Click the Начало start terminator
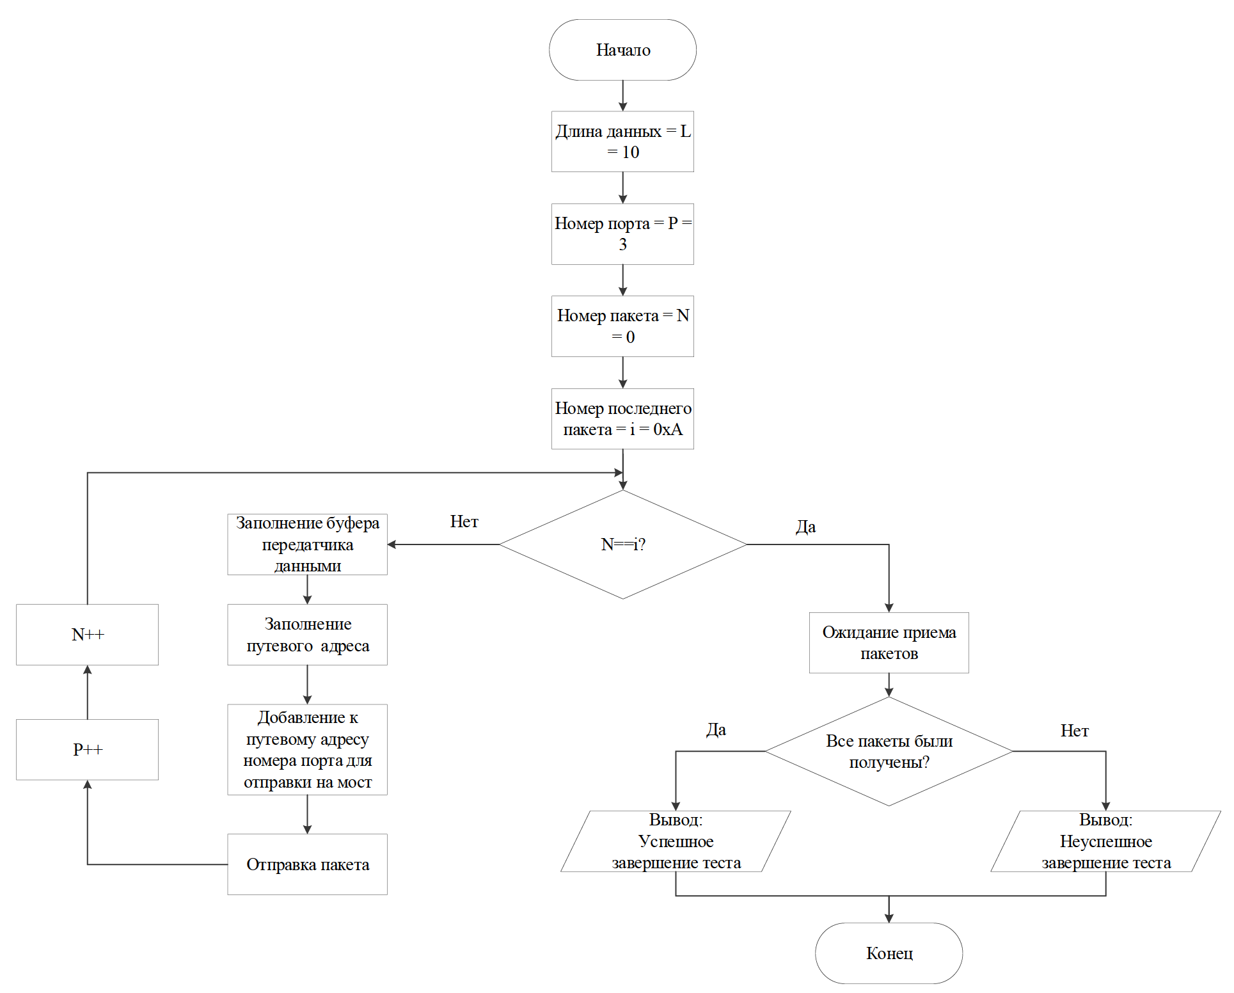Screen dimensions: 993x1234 click(x=622, y=50)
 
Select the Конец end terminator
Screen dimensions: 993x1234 click(x=889, y=953)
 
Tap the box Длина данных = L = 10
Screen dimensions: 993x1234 click(x=622, y=141)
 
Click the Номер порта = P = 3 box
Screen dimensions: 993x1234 click(x=622, y=234)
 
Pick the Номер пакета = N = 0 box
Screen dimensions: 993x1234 click(x=622, y=326)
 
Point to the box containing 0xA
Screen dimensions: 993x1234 click(x=622, y=418)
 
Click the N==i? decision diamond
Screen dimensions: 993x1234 click(x=622, y=544)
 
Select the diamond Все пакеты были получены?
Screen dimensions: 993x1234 click(x=889, y=751)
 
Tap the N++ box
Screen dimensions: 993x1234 click(x=87, y=634)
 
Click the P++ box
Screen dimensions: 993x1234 click(x=87, y=749)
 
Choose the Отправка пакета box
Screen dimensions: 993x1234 click(x=307, y=864)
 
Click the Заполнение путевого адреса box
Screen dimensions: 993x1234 click(x=307, y=634)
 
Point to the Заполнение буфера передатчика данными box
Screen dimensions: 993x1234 click(x=307, y=544)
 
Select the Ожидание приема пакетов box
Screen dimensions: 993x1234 click(x=889, y=642)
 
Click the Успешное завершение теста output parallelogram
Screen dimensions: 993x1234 click(x=676, y=841)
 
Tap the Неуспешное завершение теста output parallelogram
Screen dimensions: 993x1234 click(x=1105, y=841)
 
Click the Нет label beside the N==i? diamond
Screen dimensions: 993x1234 click(x=464, y=521)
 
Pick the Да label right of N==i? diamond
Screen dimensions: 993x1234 click(x=805, y=527)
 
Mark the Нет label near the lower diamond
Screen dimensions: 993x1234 click(x=1074, y=731)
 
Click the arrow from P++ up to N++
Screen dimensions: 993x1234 click(x=88, y=692)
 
